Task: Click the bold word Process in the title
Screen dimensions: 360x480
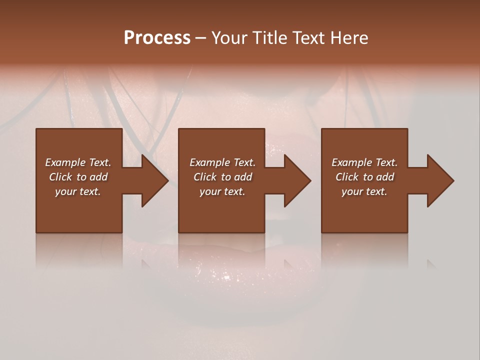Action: point(157,38)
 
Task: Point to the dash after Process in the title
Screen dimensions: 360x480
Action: point(200,38)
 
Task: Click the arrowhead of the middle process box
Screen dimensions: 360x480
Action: point(297,180)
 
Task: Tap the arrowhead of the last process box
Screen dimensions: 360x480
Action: point(440,180)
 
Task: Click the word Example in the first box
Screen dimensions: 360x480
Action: point(65,162)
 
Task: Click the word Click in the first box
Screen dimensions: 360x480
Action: point(60,177)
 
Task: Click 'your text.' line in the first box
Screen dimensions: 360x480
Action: point(78,191)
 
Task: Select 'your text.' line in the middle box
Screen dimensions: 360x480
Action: point(222,191)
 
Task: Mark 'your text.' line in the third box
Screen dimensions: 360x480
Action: point(364,191)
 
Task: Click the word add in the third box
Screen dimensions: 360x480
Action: point(385,177)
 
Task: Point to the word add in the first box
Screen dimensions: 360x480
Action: point(99,177)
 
